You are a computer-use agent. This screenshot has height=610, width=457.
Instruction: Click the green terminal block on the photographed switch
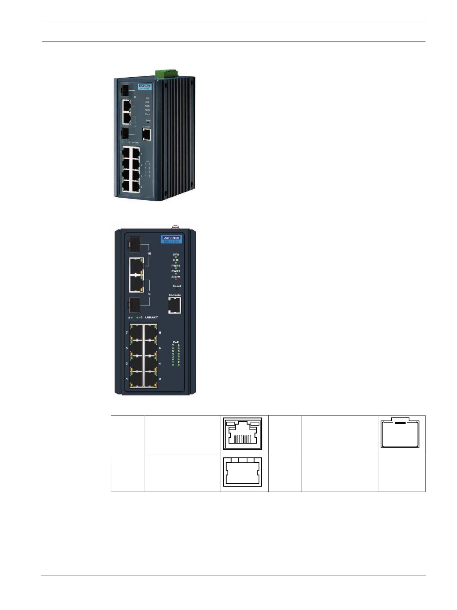pos(166,73)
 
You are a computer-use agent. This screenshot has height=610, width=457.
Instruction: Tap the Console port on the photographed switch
pos(147,135)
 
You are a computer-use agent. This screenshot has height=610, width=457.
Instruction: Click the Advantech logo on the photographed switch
pos(145,86)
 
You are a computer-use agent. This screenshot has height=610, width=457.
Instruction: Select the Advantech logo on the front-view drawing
pos(171,238)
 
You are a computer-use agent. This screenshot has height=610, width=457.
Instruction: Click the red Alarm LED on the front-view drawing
pos(176,279)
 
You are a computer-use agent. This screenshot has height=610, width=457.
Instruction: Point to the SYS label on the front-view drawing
pos(176,254)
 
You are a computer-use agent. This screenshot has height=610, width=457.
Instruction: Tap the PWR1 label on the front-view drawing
pos(176,266)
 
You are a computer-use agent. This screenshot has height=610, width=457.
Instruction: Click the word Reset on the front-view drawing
pos(177,286)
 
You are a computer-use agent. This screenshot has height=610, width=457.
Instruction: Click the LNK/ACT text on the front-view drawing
pos(151,317)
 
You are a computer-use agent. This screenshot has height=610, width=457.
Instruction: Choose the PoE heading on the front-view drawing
pos(176,342)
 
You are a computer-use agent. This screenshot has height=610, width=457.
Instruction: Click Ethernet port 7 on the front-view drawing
pos(136,332)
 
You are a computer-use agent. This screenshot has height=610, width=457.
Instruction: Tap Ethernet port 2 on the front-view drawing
pos(150,379)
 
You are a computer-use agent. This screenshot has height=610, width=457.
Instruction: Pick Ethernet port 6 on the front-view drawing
pos(150,348)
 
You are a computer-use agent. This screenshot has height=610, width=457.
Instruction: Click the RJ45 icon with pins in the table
pos(244,433)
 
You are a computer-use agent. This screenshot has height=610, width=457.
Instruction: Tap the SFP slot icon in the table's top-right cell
pos(400,433)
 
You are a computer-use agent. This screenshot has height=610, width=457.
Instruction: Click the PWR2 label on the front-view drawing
pos(176,271)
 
